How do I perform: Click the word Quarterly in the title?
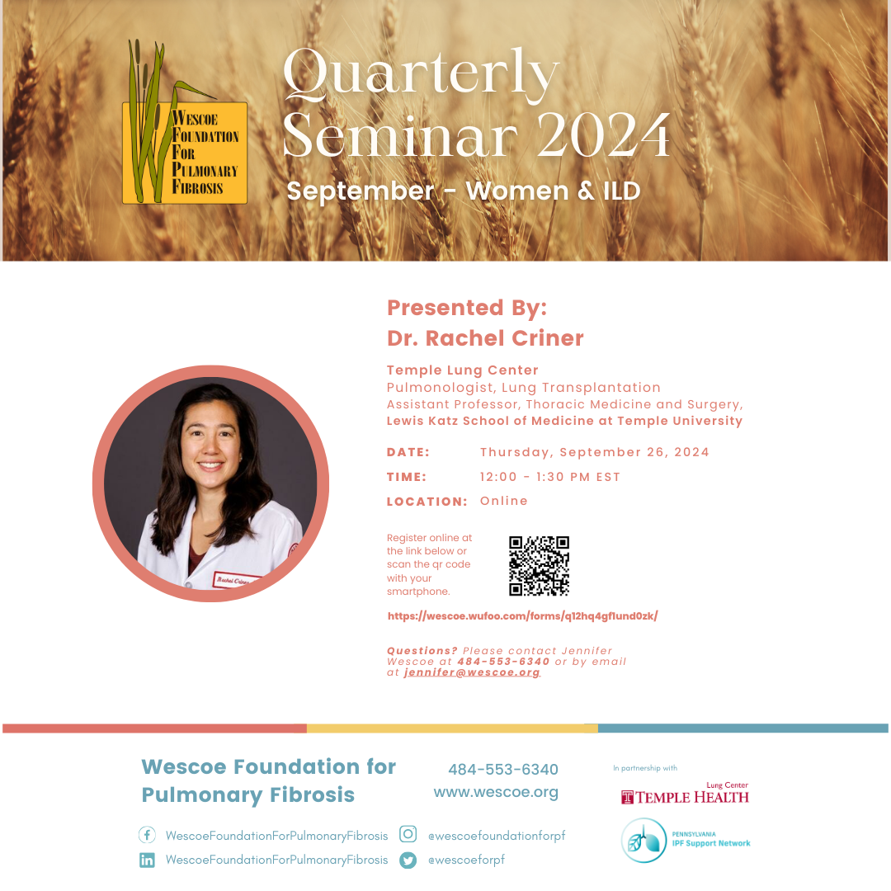tap(421, 73)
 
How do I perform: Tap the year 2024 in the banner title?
tap(603, 134)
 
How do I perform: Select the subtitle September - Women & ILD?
tap(463, 191)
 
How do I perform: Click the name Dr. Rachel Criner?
tap(485, 338)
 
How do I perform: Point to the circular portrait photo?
tap(211, 483)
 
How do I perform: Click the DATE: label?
tap(408, 452)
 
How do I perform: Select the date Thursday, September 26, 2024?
tap(594, 452)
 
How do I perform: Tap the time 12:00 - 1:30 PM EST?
tap(550, 477)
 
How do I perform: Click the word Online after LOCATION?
tap(504, 501)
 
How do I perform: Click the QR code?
tap(539, 565)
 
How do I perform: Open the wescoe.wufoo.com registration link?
tap(523, 616)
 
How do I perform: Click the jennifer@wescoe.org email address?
tap(472, 672)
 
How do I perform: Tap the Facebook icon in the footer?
tap(147, 835)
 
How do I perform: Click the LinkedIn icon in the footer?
tap(147, 860)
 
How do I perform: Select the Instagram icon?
tap(408, 833)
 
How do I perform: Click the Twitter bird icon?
tap(408, 860)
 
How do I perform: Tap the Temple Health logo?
tap(685, 794)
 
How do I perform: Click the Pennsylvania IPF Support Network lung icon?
tap(643, 841)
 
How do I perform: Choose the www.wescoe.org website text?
tap(496, 792)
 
